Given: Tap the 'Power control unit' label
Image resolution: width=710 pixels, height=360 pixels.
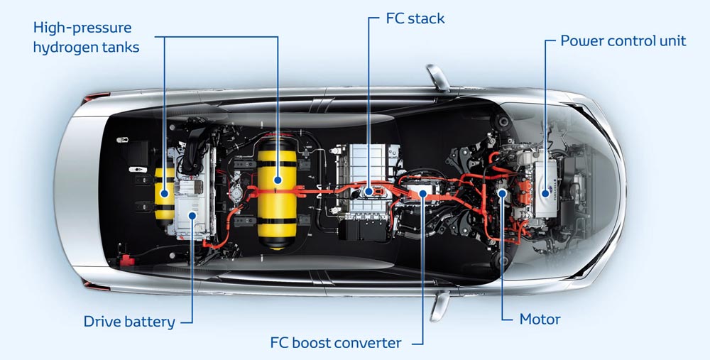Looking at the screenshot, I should (623, 40).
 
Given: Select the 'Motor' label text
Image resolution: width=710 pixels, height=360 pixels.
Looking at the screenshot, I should (540, 319).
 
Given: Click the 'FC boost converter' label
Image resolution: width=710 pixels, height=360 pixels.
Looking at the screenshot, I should (336, 343).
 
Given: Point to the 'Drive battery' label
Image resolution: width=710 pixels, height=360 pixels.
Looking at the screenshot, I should (129, 322).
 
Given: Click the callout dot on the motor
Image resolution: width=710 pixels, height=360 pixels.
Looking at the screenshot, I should (502, 192).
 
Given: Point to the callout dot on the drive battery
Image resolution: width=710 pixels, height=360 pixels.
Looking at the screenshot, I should (192, 214).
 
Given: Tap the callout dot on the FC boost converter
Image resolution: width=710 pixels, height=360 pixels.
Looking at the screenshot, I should (422, 192).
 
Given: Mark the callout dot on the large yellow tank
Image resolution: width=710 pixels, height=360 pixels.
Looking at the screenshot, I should (277, 180).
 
